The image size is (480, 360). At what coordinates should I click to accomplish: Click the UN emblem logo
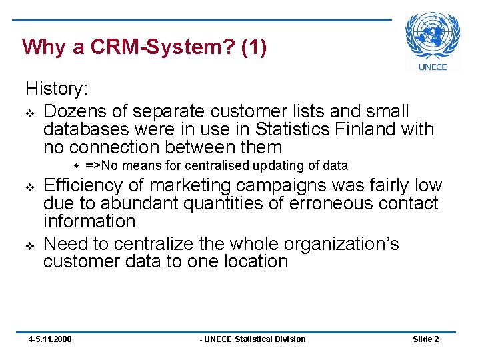[433, 35]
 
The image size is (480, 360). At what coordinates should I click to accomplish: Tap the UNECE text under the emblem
[433, 66]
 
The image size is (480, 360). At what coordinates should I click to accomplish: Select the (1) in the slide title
[254, 48]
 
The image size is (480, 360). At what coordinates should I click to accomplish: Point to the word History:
[57, 88]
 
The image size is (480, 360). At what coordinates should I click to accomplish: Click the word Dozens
[75, 111]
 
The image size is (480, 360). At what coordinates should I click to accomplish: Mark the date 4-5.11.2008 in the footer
[50, 339]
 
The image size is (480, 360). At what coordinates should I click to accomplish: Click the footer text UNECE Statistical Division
[254, 339]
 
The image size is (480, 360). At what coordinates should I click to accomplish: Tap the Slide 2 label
[425, 339]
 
